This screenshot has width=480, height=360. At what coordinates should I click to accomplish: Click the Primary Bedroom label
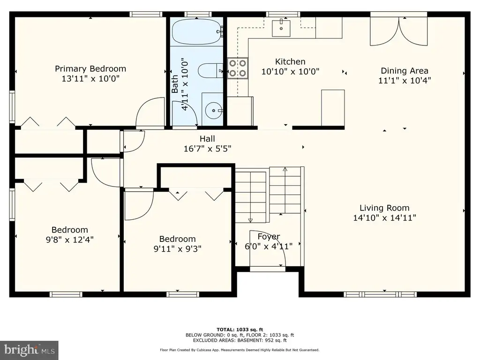(x=90, y=68)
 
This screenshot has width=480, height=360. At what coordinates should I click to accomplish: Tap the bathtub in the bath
(x=196, y=32)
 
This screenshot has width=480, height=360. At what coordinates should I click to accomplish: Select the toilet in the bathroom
(x=210, y=71)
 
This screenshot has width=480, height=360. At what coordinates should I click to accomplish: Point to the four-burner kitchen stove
(x=238, y=68)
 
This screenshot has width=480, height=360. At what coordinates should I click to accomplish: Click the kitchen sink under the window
(x=281, y=28)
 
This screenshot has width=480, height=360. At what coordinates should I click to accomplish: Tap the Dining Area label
(x=405, y=71)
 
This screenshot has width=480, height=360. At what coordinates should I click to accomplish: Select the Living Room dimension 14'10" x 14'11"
(x=384, y=217)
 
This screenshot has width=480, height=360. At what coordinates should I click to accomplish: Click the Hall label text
(x=207, y=139)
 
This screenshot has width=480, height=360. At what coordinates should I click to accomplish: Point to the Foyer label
(x=269, y=236)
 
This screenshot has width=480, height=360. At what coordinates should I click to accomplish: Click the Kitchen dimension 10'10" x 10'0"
(x=290, y=71)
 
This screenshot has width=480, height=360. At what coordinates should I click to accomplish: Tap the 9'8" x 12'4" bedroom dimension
(x=69, y=239)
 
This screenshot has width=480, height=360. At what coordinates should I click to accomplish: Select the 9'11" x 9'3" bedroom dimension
(x=177, y=248)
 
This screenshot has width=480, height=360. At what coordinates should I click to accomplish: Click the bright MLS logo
(x=29, y=350)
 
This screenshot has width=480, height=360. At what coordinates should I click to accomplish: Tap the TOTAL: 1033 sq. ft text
(x=240, y=330)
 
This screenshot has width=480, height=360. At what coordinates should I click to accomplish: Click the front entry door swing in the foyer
(x=268, y=248)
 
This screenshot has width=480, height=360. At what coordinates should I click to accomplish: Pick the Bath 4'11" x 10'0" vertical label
(x=180, y=84)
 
